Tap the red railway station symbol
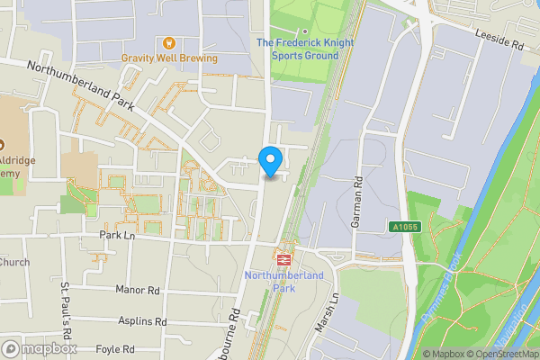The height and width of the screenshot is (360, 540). (283, 258)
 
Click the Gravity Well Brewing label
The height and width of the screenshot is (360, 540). (170, 58)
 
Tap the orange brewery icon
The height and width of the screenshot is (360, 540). (167, 42)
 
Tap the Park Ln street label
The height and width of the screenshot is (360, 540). (117, 235)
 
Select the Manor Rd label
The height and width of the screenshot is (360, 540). (138, 291)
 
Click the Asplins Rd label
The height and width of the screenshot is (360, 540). (142, 320)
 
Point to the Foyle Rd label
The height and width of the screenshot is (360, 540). (115, 348)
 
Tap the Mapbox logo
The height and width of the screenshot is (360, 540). (39, 348)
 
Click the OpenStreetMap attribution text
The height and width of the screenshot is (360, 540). (502, 354)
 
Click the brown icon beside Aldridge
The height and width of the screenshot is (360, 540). (3, 144)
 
